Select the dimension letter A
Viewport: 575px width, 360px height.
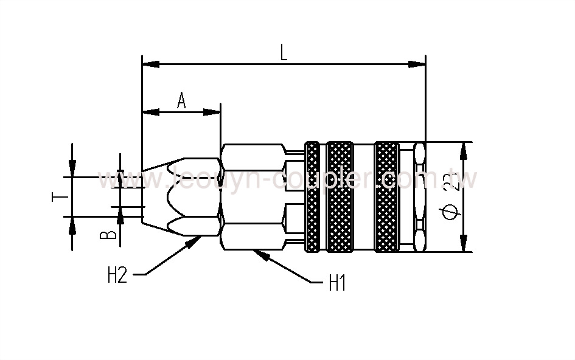[x=181, y=100]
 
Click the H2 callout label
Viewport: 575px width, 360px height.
[x=117, y=275]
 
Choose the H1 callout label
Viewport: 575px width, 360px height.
[x=337, y=283]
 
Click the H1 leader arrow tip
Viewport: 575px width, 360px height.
[x=260, y=253]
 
